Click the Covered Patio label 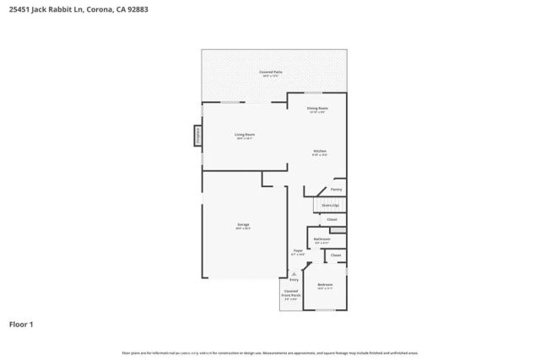coord(270,73)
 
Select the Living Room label coord(245,136)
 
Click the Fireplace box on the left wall coord(198,136)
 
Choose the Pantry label coord(336,190)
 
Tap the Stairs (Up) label coord(330,205)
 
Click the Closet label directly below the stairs coord(332,220)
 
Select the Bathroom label coord(321,240)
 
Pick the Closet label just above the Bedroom coord(336,255)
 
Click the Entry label coord(294,279)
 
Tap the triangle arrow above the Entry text coord(294,273)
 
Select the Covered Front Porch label coord(291,293)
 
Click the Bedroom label coord(325,286)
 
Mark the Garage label coord(243,226)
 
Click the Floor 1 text coord(21,324)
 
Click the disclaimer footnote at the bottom coord(270,353)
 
